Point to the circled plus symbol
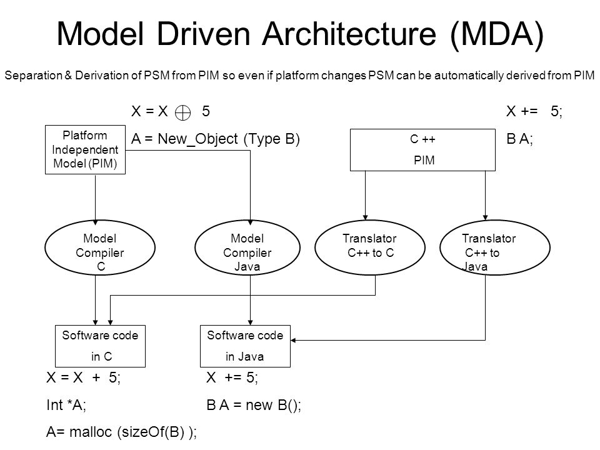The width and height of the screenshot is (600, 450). (x=182, y=113)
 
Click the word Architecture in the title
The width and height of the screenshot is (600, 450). (x=349, y=34)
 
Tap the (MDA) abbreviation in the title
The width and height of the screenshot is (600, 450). (x=497, y=34)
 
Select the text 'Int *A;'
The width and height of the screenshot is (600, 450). (x=66, y=405)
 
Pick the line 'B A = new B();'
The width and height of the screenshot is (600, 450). (x=254, y=405)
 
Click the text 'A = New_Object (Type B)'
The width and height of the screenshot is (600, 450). (x=216, y=139)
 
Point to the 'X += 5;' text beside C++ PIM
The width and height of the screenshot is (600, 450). (x=534, y=111)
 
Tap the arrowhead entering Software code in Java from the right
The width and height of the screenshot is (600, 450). (x=293, y=340)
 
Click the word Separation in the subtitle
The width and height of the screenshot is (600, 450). (x=33, y=76)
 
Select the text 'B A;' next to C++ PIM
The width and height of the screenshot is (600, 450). (x=519, y=139)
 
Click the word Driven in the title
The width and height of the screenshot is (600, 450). (x=203, y=34)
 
